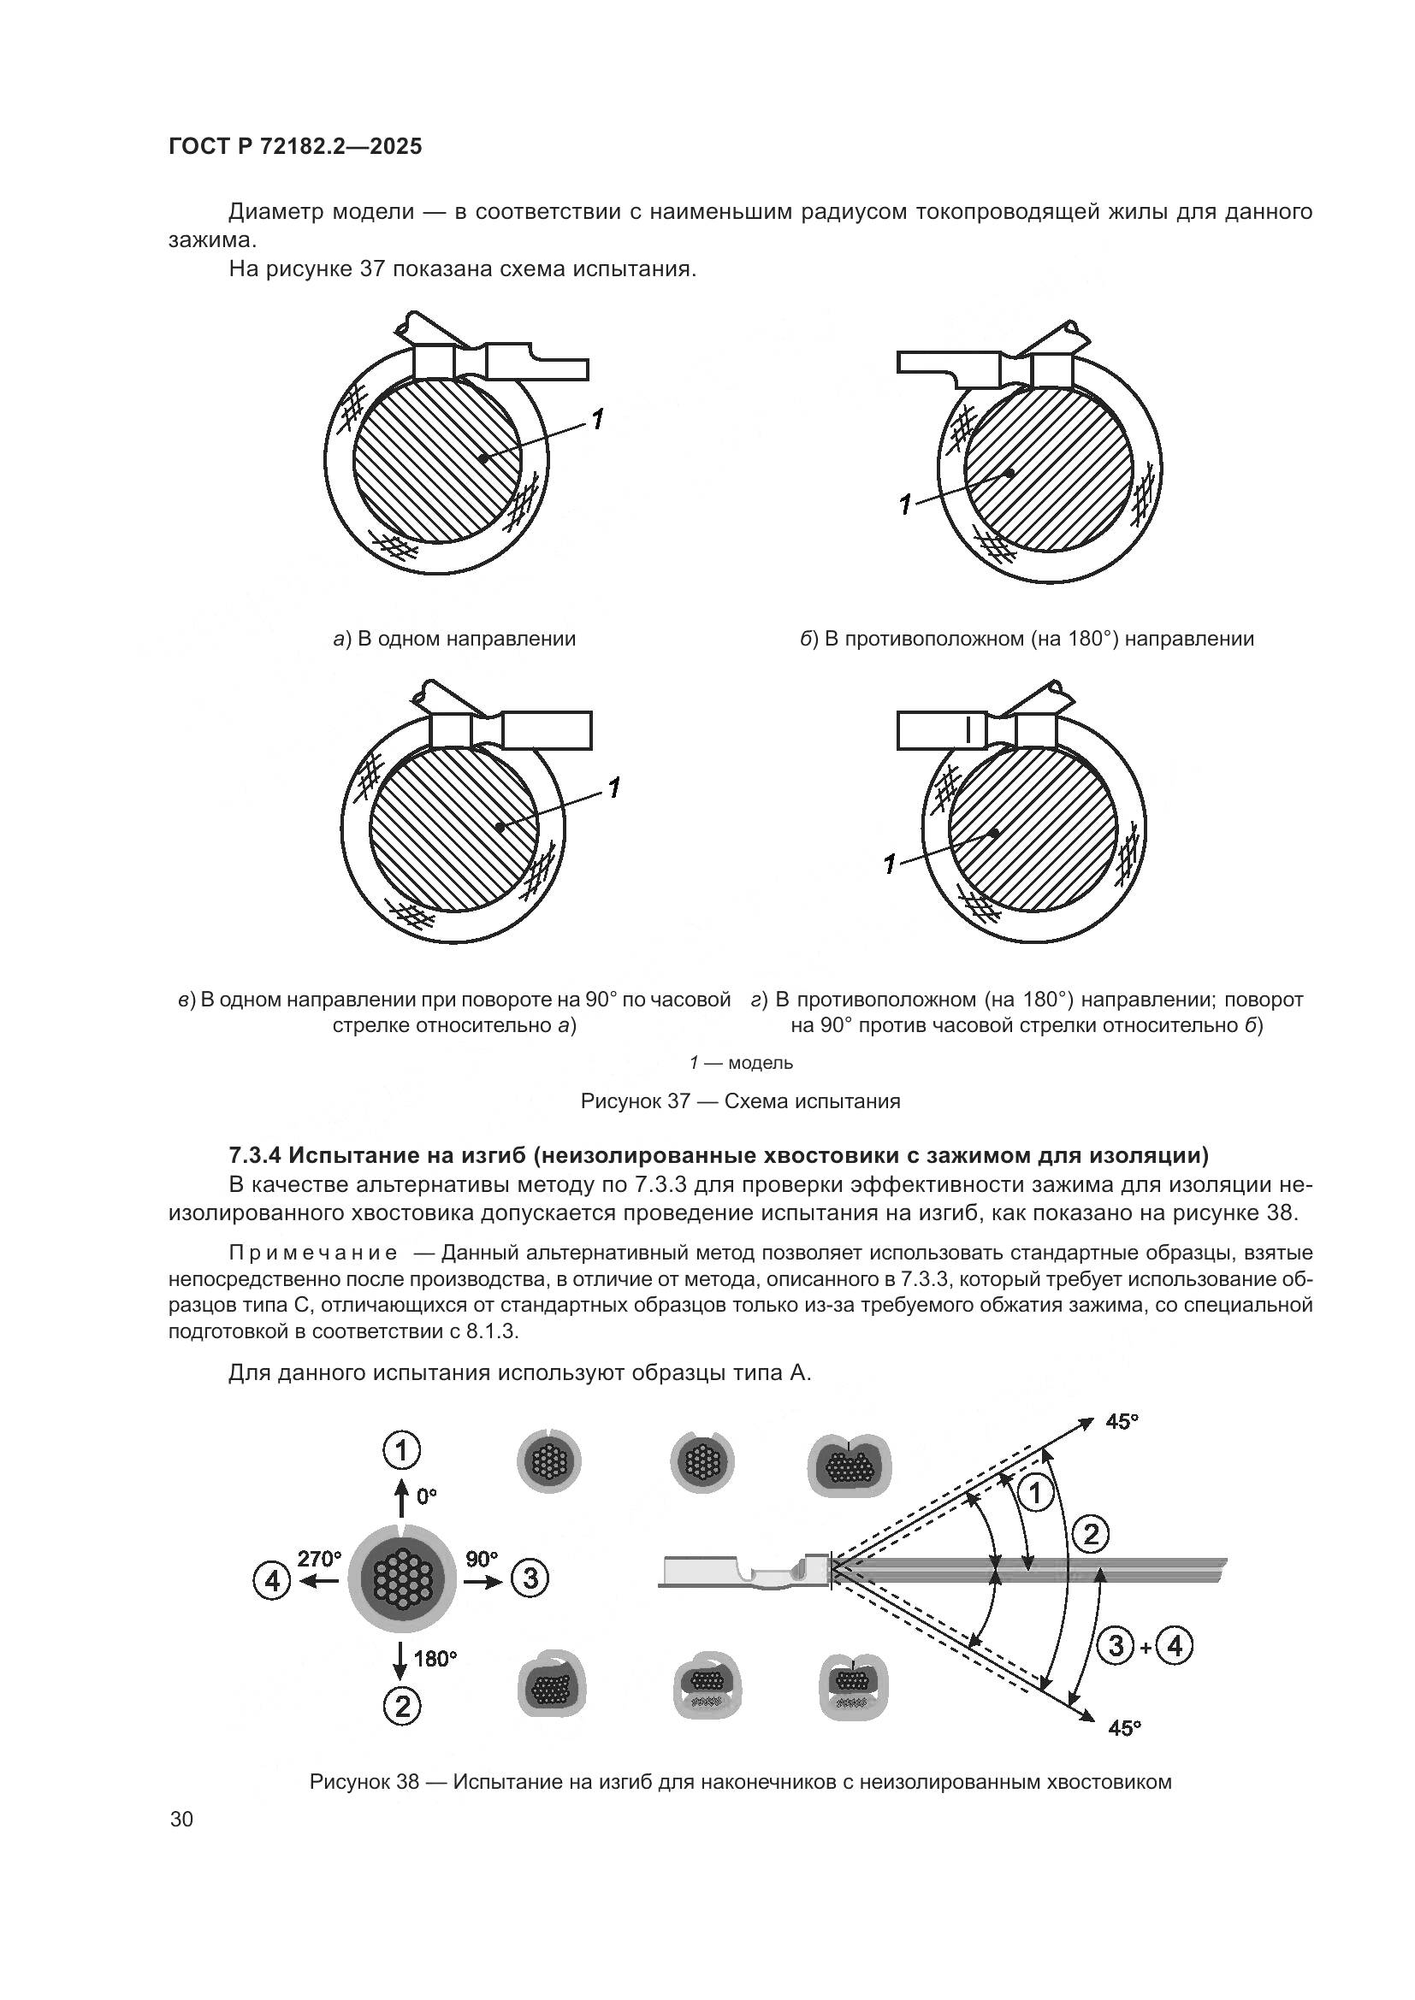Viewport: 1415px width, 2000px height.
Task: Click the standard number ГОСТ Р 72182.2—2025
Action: (x=294, y=146)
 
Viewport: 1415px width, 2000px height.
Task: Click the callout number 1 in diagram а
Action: (x=597, y=420)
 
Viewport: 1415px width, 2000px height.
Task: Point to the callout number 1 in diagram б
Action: (x=906, y=504)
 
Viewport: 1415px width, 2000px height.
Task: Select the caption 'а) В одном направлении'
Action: (x=455, y=639)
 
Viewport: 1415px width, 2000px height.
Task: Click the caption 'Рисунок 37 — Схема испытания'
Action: (x=740, y=1101)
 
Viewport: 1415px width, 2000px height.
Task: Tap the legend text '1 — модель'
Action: (x=741, y=1063)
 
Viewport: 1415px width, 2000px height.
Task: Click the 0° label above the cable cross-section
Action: (x=426, y=1496)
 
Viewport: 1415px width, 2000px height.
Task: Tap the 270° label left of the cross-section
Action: (x=319, y=1559)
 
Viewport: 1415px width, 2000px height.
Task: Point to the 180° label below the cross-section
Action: (x=435, y=1658)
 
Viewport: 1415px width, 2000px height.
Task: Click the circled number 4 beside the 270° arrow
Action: (x=272, y=1579)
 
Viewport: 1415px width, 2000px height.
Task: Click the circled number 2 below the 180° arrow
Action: (x=402, y=1706)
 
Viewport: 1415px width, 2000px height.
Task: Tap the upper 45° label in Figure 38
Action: (x=1122, y=1422)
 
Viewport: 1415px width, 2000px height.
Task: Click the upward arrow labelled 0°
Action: (x=400, y=1497)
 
